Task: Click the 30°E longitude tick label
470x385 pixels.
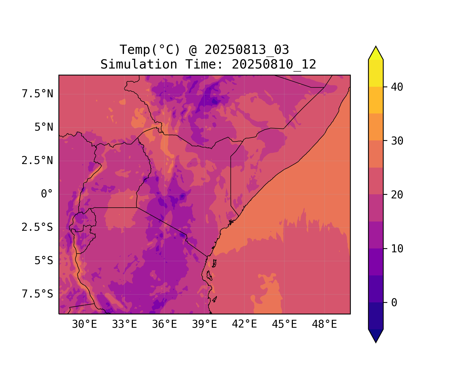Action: click(84, 324)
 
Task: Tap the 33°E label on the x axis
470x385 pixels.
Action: click(124, 324)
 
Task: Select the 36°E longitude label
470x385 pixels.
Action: click(164, 324)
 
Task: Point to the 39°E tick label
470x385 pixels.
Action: click(204, 324)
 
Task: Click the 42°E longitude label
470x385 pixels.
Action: click(244, 324)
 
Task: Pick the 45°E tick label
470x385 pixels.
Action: click(284, 324)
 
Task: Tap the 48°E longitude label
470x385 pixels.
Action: click(324, 324)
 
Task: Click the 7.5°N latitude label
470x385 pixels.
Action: click(37, 94)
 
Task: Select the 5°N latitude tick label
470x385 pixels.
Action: click(44, 127)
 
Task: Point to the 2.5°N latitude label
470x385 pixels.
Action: click(37, 161)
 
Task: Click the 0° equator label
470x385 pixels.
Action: click(47, 194)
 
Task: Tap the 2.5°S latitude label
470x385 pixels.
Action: click(37, 227)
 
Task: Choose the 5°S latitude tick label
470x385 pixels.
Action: click(44, 261)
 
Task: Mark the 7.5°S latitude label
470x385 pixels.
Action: click(37, 294)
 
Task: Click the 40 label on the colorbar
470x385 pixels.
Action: click(397, 87)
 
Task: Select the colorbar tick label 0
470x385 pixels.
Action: click(394, 303)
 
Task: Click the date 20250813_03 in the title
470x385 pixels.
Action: click(247, 50)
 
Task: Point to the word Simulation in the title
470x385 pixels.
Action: click(139, 64)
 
